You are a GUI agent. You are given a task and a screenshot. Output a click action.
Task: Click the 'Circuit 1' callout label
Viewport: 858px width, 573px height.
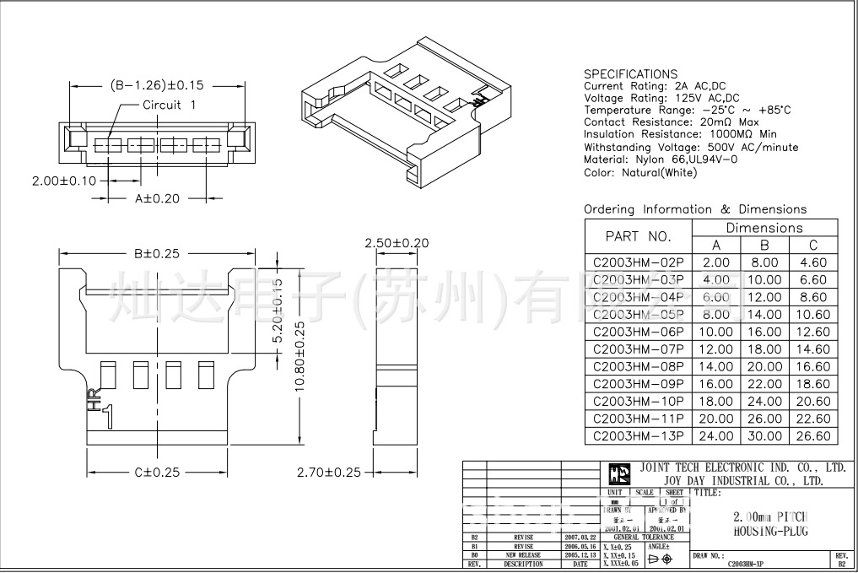169,105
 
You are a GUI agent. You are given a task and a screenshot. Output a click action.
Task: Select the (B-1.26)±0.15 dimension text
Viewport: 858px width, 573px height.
159,85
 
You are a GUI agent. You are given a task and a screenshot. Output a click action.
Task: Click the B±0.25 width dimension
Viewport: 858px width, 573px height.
157,253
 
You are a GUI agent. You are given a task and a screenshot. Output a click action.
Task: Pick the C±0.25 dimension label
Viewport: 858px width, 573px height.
157,473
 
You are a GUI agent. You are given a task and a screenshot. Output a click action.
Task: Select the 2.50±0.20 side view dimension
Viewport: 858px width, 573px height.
397,243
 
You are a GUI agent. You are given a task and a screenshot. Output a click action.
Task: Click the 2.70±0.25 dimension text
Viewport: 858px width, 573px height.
329,473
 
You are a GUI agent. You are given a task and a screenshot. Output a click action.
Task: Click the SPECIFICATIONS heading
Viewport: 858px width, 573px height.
630,74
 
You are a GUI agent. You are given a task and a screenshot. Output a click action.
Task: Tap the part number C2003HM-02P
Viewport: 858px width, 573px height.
638,262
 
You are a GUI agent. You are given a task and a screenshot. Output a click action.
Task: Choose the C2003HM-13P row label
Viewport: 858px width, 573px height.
638,436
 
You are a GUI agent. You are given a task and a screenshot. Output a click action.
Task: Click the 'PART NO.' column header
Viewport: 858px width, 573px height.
638,236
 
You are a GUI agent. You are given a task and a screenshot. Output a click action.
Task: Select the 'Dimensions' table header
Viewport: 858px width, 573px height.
764,228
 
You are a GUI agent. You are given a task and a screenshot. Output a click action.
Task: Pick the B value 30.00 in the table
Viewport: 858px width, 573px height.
764,436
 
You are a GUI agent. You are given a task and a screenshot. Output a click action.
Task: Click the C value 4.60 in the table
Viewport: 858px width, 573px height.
813,262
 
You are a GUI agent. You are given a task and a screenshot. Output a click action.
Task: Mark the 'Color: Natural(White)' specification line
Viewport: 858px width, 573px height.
640,172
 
